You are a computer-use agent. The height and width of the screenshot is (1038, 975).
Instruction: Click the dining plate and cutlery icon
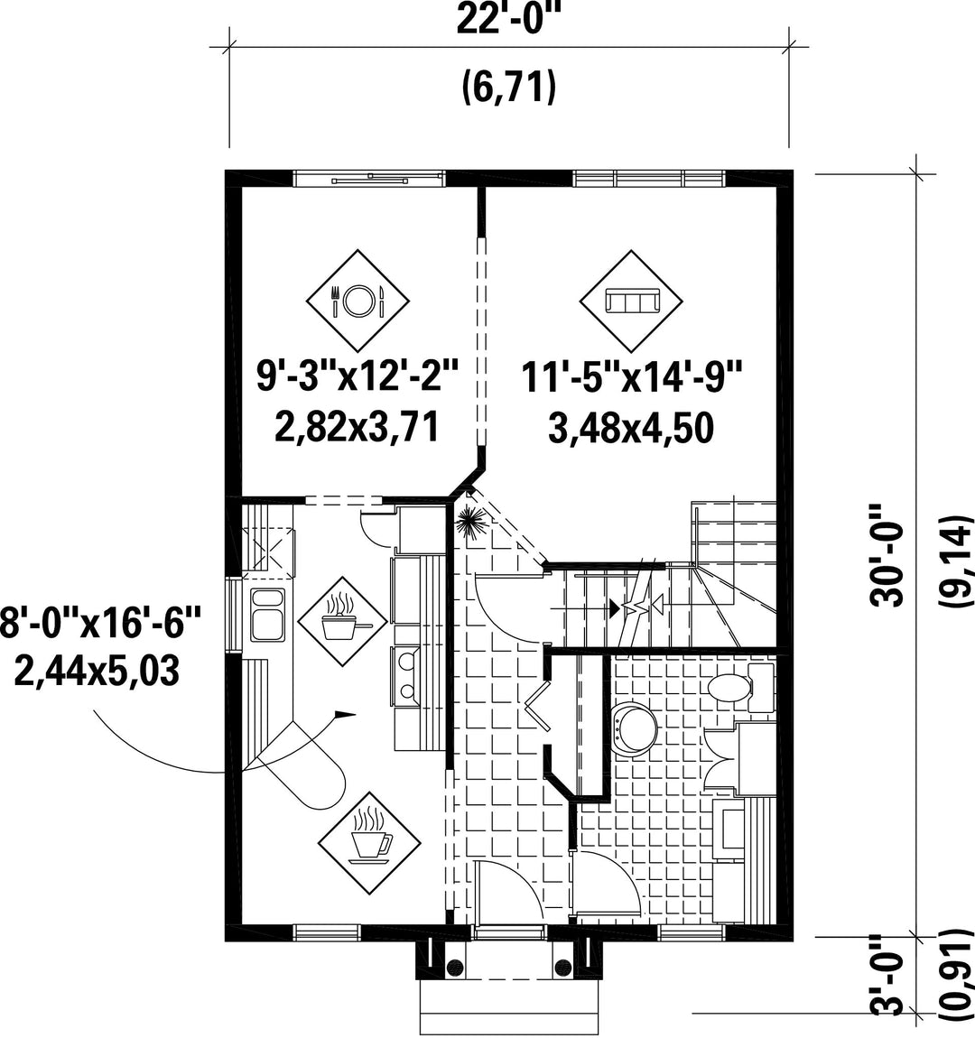point(357,301)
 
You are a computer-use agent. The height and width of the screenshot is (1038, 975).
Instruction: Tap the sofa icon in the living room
point(631,301)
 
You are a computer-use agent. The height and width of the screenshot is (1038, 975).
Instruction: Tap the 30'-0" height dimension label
point(887,555)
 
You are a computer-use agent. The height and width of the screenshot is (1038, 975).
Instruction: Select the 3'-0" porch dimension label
point(887,985)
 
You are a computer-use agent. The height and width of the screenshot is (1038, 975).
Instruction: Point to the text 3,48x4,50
point(631,428)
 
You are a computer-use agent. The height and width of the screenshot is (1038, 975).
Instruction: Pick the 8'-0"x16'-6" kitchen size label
point(99,625)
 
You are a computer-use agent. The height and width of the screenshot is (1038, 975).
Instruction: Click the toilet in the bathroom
point(739,687)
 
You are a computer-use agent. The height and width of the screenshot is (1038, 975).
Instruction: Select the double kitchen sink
point(267,615)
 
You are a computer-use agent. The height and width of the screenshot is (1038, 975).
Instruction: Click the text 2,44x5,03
point(97,672)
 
